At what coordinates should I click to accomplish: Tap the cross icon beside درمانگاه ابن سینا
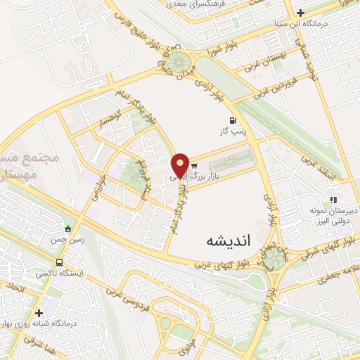point(300,13)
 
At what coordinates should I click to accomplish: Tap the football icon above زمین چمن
point(67,228)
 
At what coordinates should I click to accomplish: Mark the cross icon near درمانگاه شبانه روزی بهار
point(39,311)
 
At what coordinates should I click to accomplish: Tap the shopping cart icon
point(193,166)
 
